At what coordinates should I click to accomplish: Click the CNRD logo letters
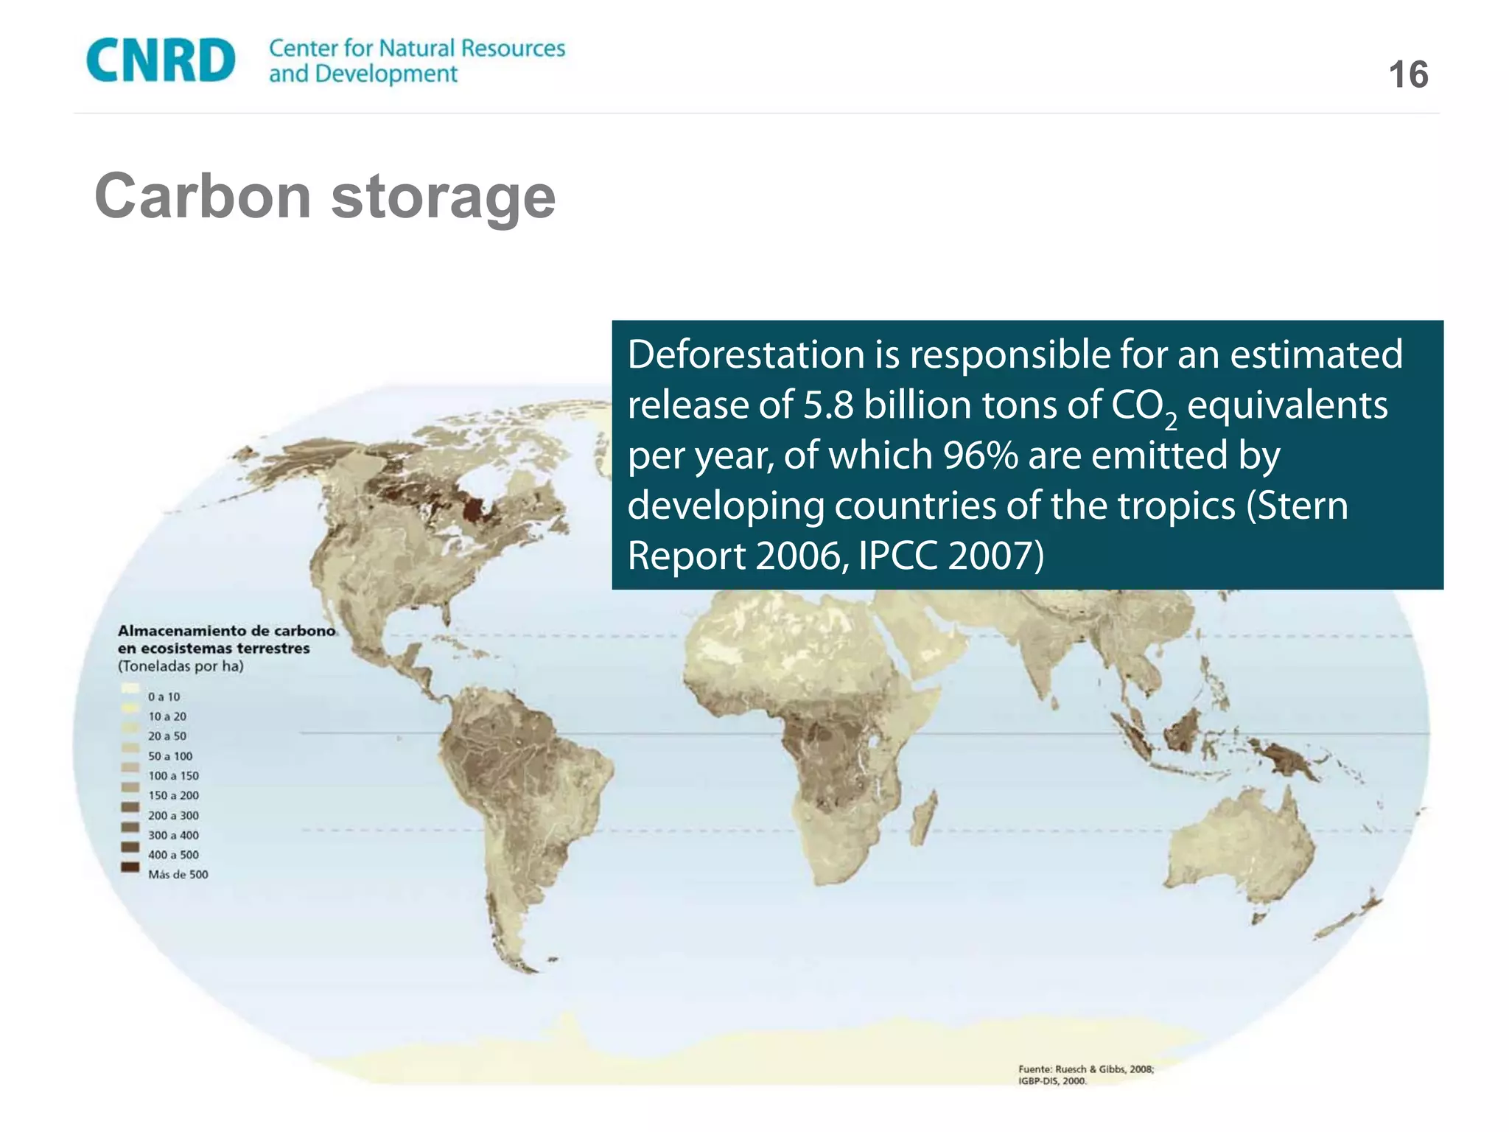161,60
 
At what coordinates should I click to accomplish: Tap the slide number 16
1408,75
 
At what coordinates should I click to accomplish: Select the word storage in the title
443,198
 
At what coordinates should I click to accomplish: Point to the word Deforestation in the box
745,354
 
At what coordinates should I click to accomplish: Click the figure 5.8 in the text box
828,405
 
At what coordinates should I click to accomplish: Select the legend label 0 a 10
164,696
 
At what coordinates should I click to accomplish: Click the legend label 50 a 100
170,756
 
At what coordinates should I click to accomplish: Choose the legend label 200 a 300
173,815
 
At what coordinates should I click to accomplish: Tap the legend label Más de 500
178,875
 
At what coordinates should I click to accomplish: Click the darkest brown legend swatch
130,867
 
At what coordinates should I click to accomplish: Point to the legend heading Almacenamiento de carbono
226,631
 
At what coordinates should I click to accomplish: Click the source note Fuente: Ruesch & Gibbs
1085,1069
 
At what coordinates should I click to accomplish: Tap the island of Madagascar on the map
923,818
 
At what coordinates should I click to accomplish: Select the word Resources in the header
513,49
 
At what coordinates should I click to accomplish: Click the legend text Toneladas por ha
181,666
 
